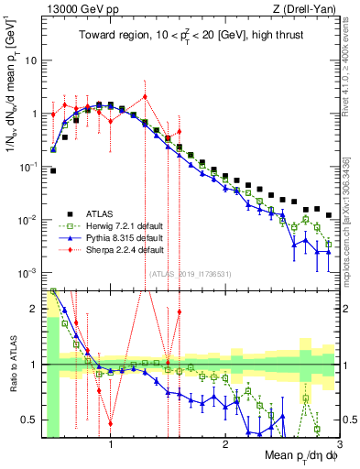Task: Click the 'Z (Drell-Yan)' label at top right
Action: pos(309,8)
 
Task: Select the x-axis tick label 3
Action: pos(338,446)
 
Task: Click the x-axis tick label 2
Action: pos(224,446)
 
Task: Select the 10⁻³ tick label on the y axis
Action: pos(28,274)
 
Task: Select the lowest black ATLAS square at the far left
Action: pos(53,170)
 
